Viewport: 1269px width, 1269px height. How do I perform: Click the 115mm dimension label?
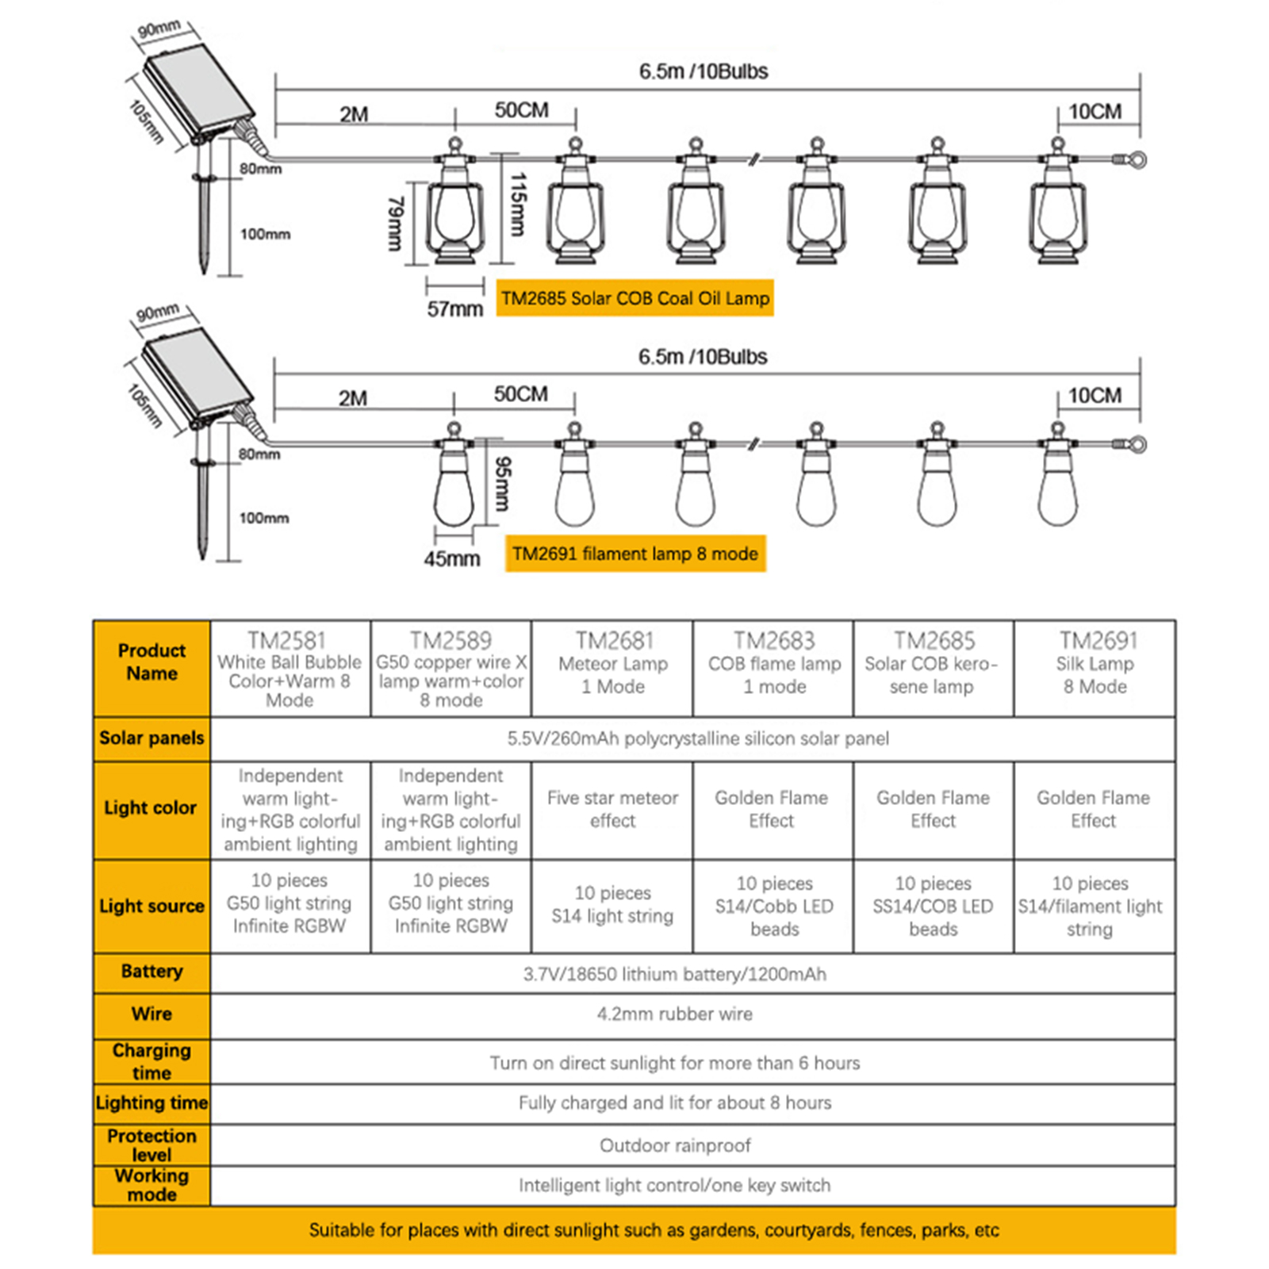click(x=517, y=205)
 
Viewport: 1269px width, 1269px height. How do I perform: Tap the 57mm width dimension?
click(x=454, y=309)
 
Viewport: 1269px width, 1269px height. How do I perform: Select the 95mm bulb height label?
click(x=503, y=484)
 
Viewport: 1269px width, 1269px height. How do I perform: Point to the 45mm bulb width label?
click(x=451, y=558)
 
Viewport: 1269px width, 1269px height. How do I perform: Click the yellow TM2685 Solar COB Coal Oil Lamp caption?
click(x=634, y=298)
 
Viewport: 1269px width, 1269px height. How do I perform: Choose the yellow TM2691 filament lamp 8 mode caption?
click(x=634, y=554)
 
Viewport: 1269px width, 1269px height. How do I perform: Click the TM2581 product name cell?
click(x=289, y=669)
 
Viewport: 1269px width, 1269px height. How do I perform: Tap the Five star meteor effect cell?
click(x=612, y=809)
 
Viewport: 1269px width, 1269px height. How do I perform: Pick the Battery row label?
click(x=151, y=972)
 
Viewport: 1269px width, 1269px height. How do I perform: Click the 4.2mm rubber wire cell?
click(x=675, y=1014)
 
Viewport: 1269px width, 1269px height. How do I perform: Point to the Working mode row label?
click(x=151, y=1185)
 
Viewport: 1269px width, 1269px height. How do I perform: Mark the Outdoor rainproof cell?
click(x=675, y=1145)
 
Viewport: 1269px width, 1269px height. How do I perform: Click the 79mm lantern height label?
click(x=395, y=224)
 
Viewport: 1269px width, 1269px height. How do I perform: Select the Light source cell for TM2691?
click(x=1091, y=906)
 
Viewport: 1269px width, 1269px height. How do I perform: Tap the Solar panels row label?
click(x=151, y=738)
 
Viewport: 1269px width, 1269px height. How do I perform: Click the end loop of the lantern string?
click(x=1137, y=160)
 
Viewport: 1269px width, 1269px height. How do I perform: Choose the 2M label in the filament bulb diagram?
click(x=353, y=397)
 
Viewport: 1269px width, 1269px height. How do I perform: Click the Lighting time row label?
click(x=151, y=1102)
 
